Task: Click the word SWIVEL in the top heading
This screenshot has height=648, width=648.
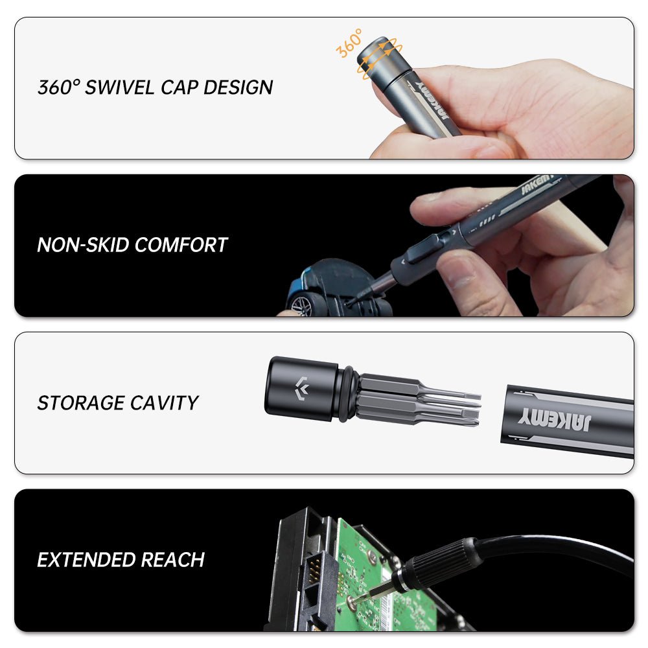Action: (119, 87)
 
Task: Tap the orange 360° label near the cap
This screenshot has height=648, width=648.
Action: (349, 43)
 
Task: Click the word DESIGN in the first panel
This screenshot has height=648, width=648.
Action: (238, 87)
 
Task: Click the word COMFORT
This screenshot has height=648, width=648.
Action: (181, 245)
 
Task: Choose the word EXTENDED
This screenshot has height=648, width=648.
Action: (86, 560)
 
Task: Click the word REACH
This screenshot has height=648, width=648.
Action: (173, 560)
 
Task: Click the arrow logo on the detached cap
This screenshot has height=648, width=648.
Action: (302, 388)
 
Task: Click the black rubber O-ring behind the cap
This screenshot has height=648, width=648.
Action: (346, 394)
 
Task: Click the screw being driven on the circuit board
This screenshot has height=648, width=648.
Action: (352, 602)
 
